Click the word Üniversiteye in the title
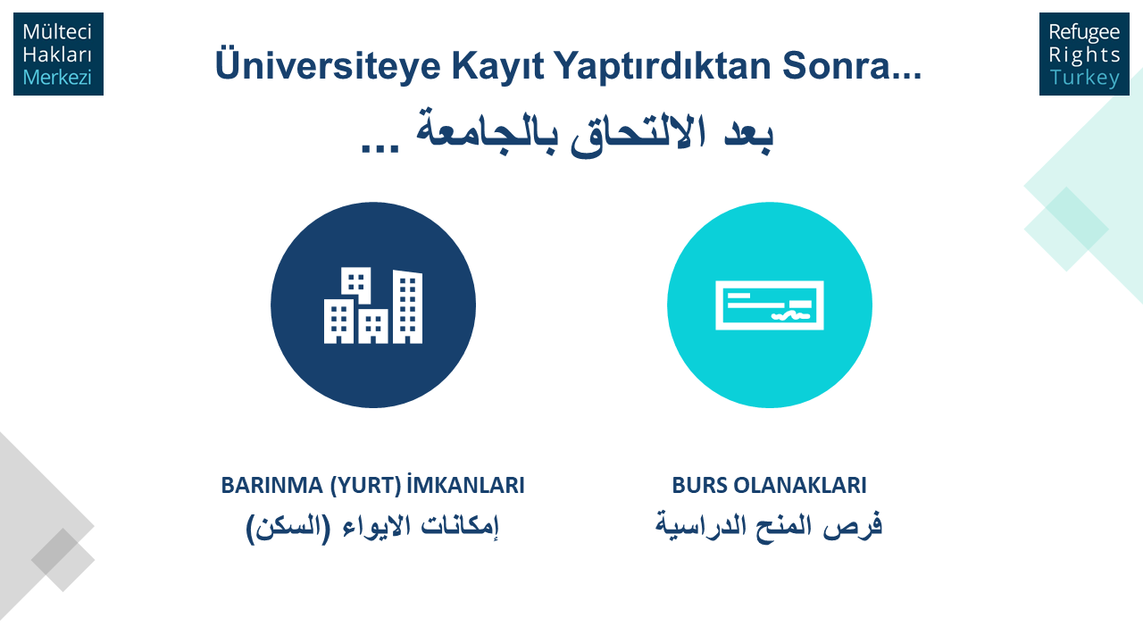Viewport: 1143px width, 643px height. pyautogui.click(x=328, y=65)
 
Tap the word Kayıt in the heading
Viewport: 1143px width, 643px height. pyautogui.click(x=497, y=65)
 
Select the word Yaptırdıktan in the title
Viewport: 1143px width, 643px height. pyautogui.click(x=663, y=65)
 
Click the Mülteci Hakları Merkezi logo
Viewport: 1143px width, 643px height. pyautogui.click(x=58, y=54)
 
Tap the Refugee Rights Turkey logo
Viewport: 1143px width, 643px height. pyautogui.click(x=1084, y=54)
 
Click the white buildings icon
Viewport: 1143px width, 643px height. pyautogui.click(x=373, y=305)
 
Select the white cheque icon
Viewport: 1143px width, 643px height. pyautogui.click(x=770, y=305)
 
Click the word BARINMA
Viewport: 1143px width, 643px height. pyautogui.click(x=272, y=485)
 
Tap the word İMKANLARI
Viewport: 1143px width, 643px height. pyautogui.click(x=466, y=484)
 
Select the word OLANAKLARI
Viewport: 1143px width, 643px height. pyautogui.click(x=800, y=485)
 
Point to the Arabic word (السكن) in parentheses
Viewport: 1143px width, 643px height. pyautogui.click(x=288, y=528)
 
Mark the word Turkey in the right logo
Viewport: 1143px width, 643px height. pyautogui.click(x=1084, y=78)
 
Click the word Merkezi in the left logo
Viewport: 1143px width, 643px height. pyautogui.click(x=57, y=78)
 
